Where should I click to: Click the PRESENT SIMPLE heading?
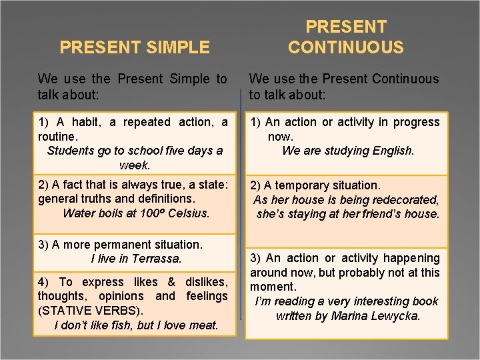[x=135, y=47]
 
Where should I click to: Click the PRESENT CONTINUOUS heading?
[x=345, y=37]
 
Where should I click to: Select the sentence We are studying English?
[x=348, y=151]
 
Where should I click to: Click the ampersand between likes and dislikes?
[x=171, y=282]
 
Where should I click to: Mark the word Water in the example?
[x=79, y=213]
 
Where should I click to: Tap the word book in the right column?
[x=426, y=301]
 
